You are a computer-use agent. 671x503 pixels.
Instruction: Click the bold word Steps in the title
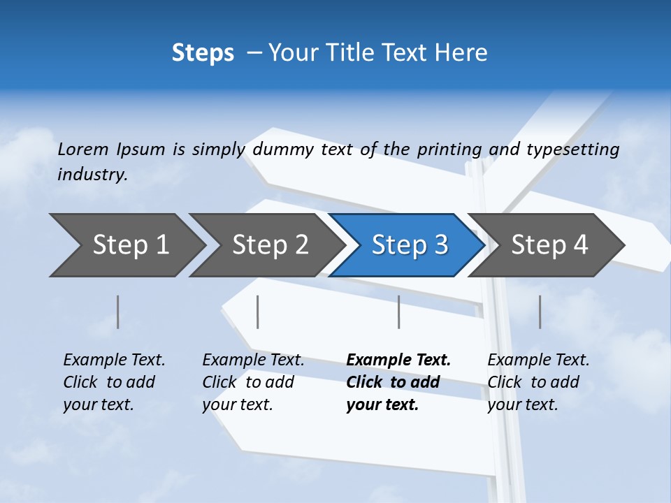pyautogui.click(x=203, y=53)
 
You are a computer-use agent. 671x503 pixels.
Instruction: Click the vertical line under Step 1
pyautogui.click(x=118, y=312)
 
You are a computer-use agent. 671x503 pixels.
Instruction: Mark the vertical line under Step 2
pyautogui.click(x=258, y=312)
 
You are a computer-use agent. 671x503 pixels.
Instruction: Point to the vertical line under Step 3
pyautogui.click(x=398, y=312)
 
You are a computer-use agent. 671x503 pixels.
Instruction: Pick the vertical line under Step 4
pyautogui.click(x=540, y=312)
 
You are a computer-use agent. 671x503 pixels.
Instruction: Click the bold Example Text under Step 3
pyautogui.click(x=398, y=360)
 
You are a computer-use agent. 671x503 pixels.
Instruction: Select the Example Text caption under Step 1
pyautogui.click(x=114, y=360)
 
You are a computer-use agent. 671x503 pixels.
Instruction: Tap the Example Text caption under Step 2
pyautogui.click(x=253, y=360)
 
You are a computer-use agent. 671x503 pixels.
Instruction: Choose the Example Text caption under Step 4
pyautogui.click(x=538, y=360)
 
